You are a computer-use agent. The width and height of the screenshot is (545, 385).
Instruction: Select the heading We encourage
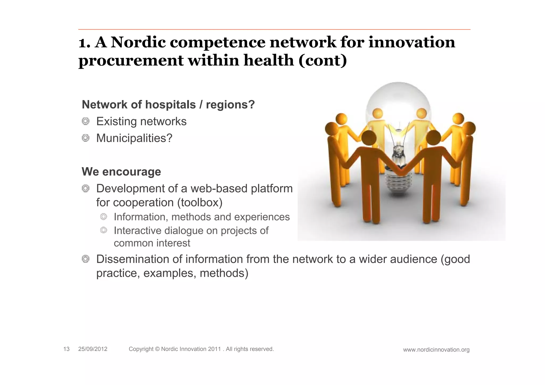[121, 172]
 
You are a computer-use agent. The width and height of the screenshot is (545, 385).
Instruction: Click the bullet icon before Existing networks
[85, 121]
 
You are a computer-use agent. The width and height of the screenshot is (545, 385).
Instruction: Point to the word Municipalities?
[134, 138]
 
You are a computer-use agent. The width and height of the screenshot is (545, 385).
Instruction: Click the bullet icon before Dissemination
[85, 259]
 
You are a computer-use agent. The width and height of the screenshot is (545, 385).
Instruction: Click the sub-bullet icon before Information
[104, 217]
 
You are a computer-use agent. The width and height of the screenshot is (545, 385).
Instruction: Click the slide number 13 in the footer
[66, 349]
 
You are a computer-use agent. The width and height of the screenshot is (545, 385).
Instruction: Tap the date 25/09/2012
[93, 349]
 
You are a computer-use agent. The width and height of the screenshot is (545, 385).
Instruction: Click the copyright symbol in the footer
[157, 349]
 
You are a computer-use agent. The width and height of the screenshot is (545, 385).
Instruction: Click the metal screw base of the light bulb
[398, 184]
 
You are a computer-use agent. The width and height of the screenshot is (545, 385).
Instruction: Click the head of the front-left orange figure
[369, 137]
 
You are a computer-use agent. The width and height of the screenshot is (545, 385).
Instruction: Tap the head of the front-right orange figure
[433, 137]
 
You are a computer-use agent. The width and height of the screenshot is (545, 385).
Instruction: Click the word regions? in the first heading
[230, 105]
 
